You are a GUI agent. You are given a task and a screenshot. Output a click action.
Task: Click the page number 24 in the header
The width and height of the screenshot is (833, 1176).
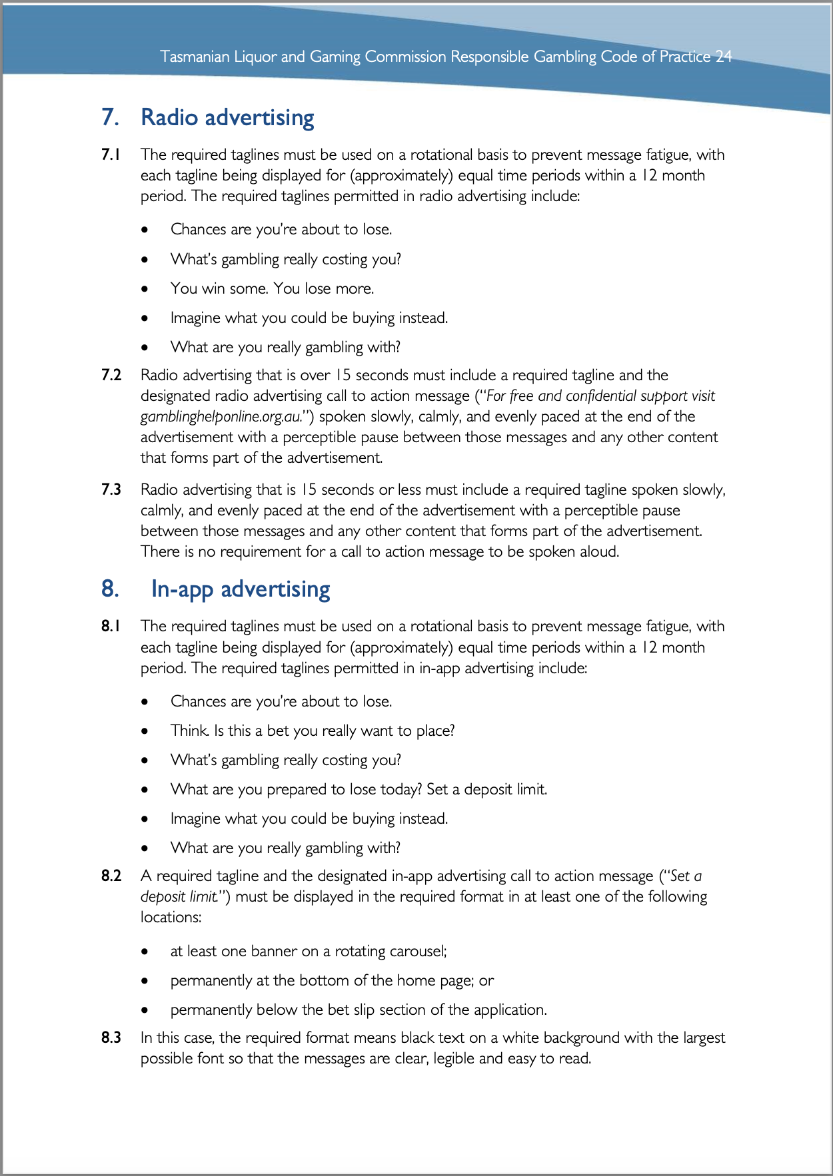pos(724,57)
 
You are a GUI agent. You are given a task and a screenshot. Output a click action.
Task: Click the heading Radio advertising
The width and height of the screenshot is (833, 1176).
pos(227,117)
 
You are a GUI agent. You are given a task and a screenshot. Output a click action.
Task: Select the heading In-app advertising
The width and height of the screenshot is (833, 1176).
pos(241,589)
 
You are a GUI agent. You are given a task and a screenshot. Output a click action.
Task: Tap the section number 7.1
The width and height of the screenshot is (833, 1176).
pos(111,155)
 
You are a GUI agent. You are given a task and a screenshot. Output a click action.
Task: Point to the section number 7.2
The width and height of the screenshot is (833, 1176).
pos(111,376)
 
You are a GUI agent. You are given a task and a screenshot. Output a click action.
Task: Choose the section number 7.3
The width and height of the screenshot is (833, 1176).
pos(111,490)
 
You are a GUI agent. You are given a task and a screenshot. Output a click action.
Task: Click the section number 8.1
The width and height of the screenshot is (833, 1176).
pos(111,627)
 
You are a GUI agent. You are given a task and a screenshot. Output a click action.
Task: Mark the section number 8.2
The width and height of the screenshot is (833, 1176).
pos(111,876)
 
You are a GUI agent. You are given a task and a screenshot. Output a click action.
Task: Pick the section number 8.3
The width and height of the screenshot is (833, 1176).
pos(111,1038)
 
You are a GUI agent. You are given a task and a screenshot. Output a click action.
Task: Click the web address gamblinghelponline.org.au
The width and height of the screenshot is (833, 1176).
pos(219,417)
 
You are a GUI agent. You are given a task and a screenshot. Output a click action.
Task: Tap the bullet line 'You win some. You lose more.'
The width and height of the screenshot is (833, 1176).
pos(272,288)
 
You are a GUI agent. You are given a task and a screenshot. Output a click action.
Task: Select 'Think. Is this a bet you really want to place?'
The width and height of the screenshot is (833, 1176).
pos(313,731)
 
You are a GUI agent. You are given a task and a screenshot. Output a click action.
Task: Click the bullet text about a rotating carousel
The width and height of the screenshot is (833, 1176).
pos(309,951)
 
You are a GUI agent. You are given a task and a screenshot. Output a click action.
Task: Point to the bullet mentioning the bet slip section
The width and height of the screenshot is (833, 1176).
pos(359,1010)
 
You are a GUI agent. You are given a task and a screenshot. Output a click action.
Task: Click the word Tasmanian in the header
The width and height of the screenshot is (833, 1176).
pos(195,57)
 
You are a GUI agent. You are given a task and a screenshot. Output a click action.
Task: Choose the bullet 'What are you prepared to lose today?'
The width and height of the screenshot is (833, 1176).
pos(359,789)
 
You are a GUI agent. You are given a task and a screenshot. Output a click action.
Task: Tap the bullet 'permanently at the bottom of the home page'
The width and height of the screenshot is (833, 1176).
pos(332,980)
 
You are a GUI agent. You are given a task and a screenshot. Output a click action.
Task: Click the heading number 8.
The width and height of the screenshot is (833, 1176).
pos(110,589)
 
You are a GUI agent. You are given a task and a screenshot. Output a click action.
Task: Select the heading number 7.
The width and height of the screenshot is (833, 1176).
pos(110,117)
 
